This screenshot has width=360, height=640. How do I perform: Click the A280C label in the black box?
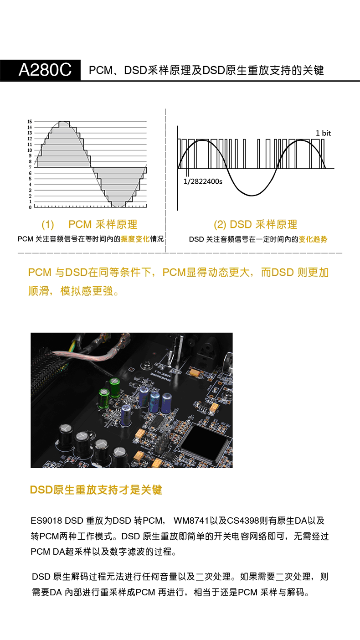point(45,70)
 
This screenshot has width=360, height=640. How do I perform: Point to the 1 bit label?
point(323,133)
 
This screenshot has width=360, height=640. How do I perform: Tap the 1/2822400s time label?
point(202,181)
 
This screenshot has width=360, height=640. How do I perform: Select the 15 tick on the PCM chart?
point(30,122)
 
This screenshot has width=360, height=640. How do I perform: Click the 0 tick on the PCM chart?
point(30,207)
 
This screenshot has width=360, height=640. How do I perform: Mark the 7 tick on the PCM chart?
point(30,167)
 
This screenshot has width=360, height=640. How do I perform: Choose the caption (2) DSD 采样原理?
point(255,224)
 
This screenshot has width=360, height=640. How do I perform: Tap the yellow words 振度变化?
point(135,239)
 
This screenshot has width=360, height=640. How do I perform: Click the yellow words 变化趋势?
point(313,239)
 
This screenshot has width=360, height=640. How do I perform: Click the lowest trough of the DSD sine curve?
point(252,196)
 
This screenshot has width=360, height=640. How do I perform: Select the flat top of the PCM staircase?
point(64,123)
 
